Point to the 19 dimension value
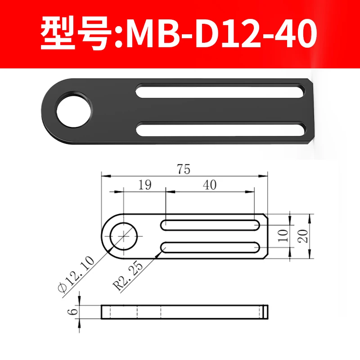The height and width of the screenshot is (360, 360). pyautogui.click(x=145, y=184)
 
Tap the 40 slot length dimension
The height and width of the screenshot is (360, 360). pyautogui.click(x=210, y=184)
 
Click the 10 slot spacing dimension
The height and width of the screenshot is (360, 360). pyautogui.click(x=283, y=235)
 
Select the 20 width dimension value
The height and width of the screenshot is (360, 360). pyautogui.click(x=303, y=235)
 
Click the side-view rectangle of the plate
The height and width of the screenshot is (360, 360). pyautogui.click(x=184, y=311)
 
